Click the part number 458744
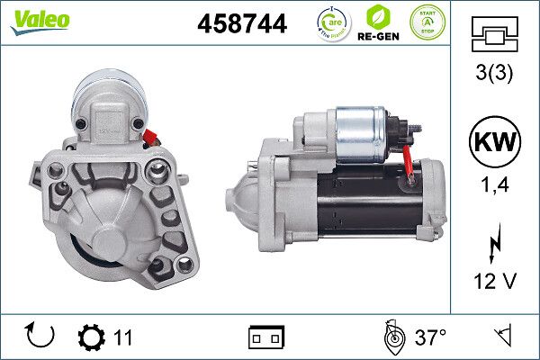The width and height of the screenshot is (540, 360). [241, 24]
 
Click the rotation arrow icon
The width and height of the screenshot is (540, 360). [41, 337]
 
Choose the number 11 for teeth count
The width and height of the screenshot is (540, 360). [122, 337]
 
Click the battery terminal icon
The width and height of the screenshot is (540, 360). [266, 337]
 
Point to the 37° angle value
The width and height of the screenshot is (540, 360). [431, 337]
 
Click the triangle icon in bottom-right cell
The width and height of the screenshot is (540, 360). [501, 337]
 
